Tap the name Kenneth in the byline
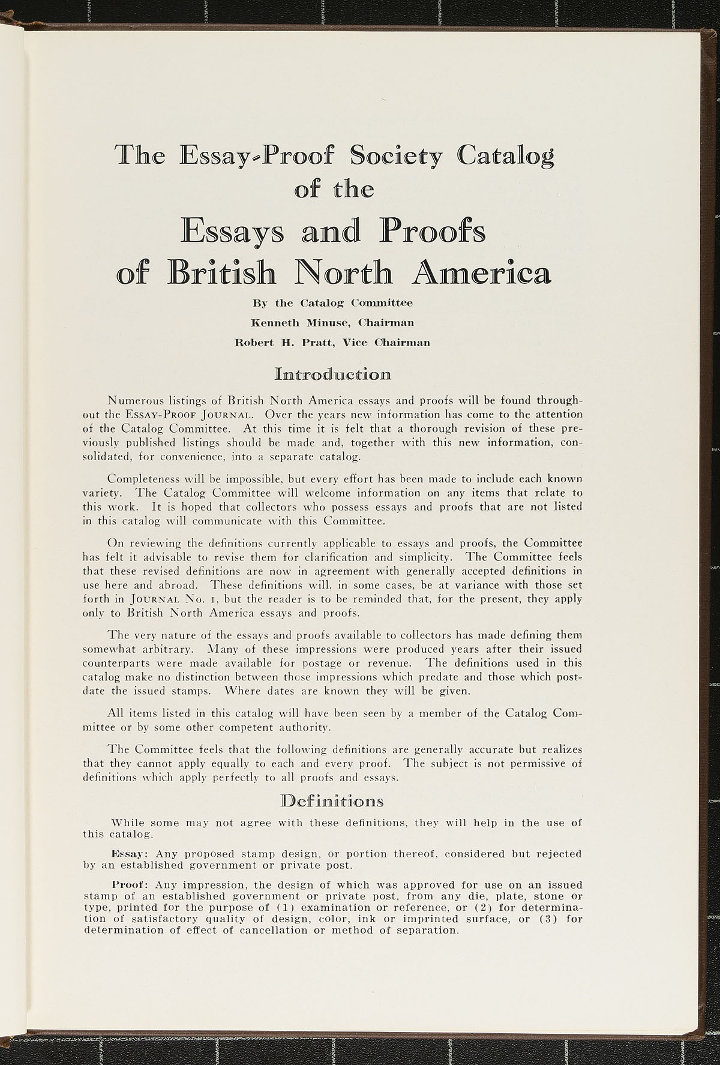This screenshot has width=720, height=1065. (276, 323)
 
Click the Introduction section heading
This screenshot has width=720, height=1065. (332, 376)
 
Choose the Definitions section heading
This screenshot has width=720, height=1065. (332, 802)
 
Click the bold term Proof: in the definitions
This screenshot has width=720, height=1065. (131, 884)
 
